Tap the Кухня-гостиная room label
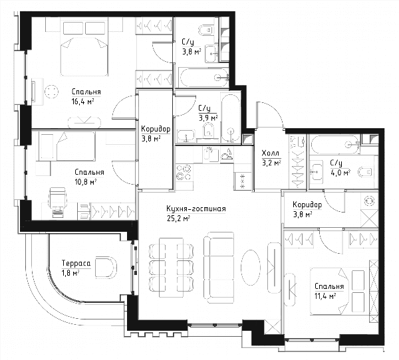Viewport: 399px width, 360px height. (196, 209)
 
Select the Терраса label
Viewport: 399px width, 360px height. (76, 264)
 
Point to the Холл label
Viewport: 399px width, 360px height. (270, 153)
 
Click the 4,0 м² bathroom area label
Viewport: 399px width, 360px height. (340, 173)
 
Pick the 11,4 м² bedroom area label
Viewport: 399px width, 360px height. (325, 296)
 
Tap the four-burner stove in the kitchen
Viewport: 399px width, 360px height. (184, 173)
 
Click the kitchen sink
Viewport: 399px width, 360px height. (210, 155)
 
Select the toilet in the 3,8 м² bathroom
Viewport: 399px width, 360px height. (205, 31)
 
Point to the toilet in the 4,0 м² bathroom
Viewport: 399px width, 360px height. (366, 173)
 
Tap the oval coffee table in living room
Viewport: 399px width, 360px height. (251, 268)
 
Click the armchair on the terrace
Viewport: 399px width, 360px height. (106, 267)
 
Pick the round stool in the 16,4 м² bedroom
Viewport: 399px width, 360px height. (52, 92)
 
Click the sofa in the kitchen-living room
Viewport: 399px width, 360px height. (219, 268)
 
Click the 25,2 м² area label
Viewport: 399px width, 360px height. (179, 218)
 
